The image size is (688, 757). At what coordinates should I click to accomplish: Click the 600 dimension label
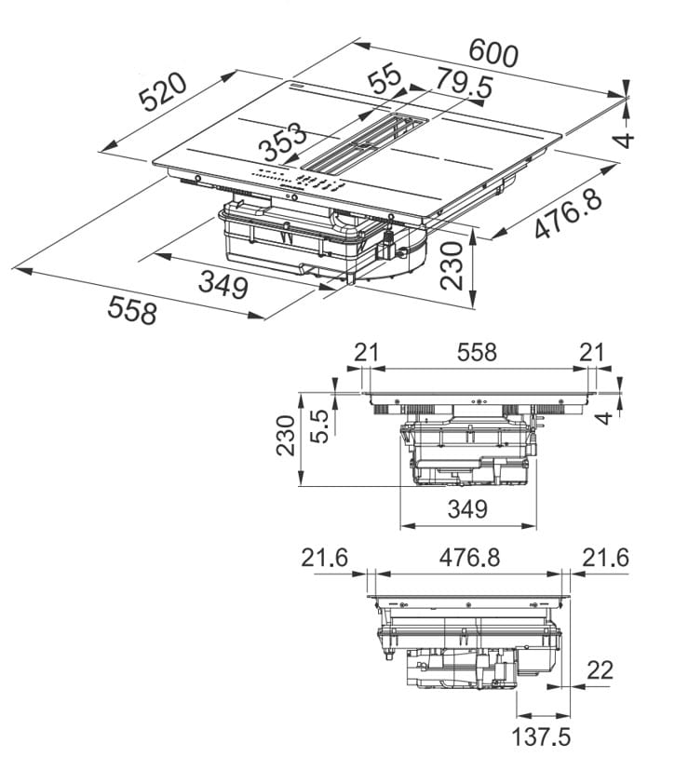tap(492, 52)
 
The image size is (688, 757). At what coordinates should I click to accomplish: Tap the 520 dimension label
tap(165, 93)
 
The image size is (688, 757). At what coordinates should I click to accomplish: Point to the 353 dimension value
tap(283, 143)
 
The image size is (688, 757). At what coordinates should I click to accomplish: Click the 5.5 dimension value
tap(320, 424)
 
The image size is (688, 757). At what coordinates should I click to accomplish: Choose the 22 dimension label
tap(600, 669)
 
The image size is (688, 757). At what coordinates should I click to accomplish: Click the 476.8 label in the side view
tap(470, 557)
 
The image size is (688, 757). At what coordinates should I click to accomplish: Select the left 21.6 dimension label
tap(324, 557)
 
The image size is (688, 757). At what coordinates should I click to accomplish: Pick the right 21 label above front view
tap(591, 352)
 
